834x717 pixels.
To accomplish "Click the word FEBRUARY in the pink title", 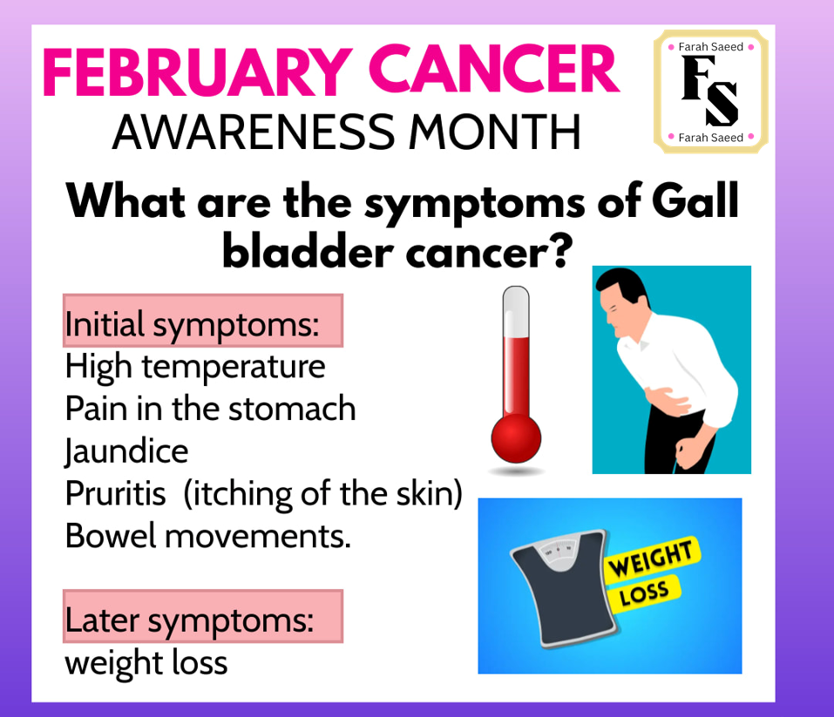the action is coord(197,71).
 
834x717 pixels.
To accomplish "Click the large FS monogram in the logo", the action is coord(709,91).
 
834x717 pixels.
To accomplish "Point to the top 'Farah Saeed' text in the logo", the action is coord(710,47).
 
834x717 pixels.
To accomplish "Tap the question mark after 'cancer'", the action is coord(559,251).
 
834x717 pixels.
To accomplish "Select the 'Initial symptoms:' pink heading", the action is coord(203,321).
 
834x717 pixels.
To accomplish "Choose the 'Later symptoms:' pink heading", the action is coord(203,616).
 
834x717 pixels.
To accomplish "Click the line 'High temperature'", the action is coord(195,367).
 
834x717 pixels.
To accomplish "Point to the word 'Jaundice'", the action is coord(126,451).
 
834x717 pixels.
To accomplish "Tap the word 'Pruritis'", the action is coord(115,493).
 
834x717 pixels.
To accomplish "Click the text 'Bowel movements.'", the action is coord(208,536).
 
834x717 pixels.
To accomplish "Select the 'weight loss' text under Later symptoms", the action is coord(146,663).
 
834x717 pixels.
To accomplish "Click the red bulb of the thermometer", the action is coord(516,439).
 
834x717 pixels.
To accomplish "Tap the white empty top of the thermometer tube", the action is coord(515,312).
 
